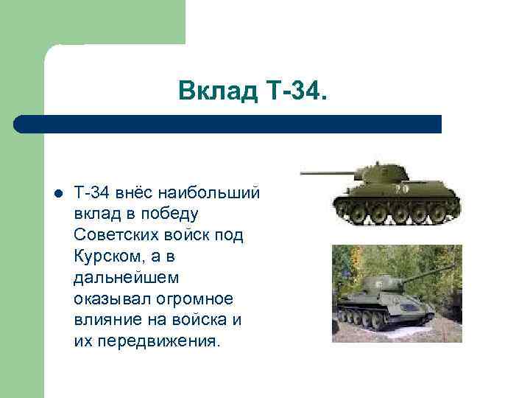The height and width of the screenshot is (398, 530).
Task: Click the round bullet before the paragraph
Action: coord(57,194)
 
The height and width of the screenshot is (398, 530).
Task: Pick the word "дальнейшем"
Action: coord(121,279)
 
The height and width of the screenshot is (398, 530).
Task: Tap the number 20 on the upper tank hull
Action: coord(402,189)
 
